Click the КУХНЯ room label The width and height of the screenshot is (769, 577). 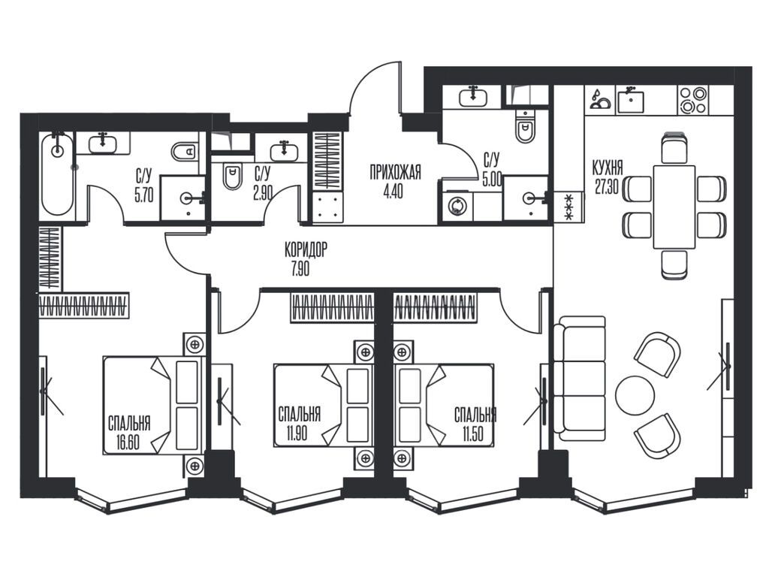[607, 168]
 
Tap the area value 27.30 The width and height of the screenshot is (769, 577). [607, 186]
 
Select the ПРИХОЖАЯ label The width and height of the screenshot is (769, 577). [395, 173]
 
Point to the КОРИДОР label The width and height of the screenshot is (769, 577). [306, 250]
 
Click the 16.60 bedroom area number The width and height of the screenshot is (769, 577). [128, 443]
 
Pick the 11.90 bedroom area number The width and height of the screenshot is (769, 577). [297, 434]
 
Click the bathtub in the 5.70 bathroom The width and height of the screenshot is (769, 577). [58, 174]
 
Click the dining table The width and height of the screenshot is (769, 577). [674, 207]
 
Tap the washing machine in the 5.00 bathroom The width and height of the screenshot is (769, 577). [457, 207]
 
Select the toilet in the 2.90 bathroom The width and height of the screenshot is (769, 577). [233, 177]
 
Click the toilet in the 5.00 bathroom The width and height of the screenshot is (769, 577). [525, 126]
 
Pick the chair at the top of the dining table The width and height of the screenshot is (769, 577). [674, 147]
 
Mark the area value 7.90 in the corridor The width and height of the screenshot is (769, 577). [300, 268]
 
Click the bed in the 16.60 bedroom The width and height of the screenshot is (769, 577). [153, 405]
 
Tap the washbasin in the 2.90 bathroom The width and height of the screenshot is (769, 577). [284, 151]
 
